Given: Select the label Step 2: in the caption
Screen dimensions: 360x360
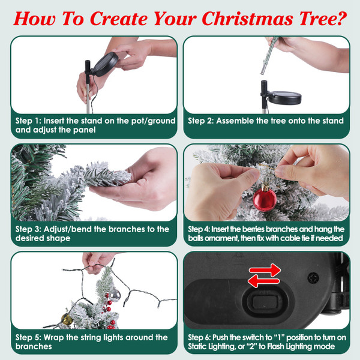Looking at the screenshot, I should (x=200, y=121).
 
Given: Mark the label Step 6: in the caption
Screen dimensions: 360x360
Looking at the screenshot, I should (x=200, y=337).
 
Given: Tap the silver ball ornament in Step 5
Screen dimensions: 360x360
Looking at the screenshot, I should (x=114, y=295).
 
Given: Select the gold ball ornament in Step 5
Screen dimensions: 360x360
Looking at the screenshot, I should (x=67, y=319).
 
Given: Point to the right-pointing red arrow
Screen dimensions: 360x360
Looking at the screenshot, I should (x=265, y=271).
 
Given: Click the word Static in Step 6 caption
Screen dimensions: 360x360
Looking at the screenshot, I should (x=200, y=347).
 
